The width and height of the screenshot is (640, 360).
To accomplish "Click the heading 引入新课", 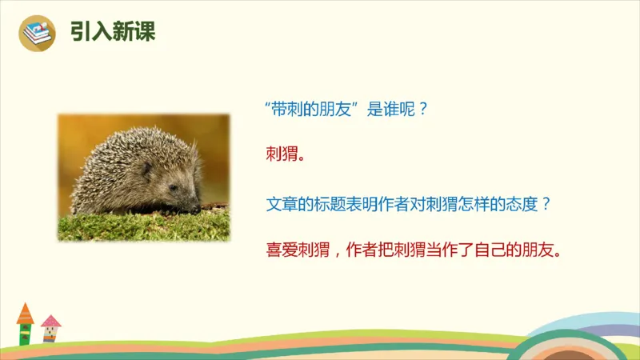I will point(111,32).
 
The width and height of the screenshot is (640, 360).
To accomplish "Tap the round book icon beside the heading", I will point(38,33).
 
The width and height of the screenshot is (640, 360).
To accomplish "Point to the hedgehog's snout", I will point(195,207).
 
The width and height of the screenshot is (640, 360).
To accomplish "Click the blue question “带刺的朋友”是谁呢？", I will point(348,110).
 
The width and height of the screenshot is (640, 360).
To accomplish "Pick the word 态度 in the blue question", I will point(520,203).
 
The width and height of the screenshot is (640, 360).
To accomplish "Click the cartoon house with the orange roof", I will point(25,323).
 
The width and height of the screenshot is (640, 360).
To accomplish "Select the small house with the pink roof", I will point(50,329).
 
